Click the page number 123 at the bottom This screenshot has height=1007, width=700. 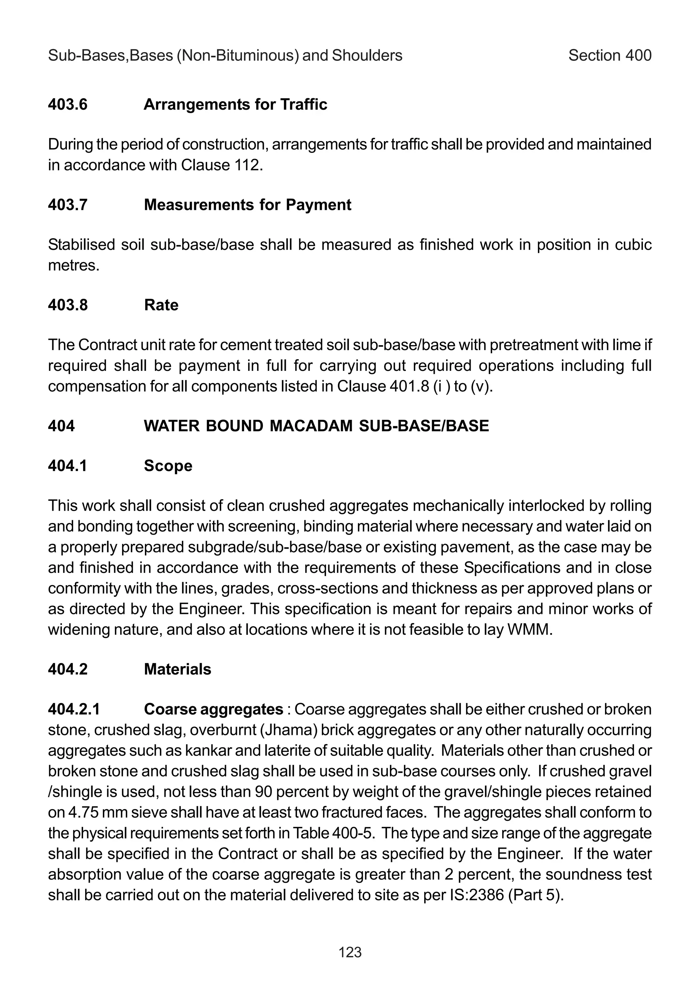coord(350,952)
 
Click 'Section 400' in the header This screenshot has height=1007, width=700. coord(610,56)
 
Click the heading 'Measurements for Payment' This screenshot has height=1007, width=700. coord(247,205)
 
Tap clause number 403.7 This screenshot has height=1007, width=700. coord(68,205)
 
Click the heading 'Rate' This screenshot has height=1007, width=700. coord(161,305)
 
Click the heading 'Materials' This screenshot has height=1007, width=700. coord(177,669)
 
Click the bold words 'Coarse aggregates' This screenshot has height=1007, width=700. coord(213,709)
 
